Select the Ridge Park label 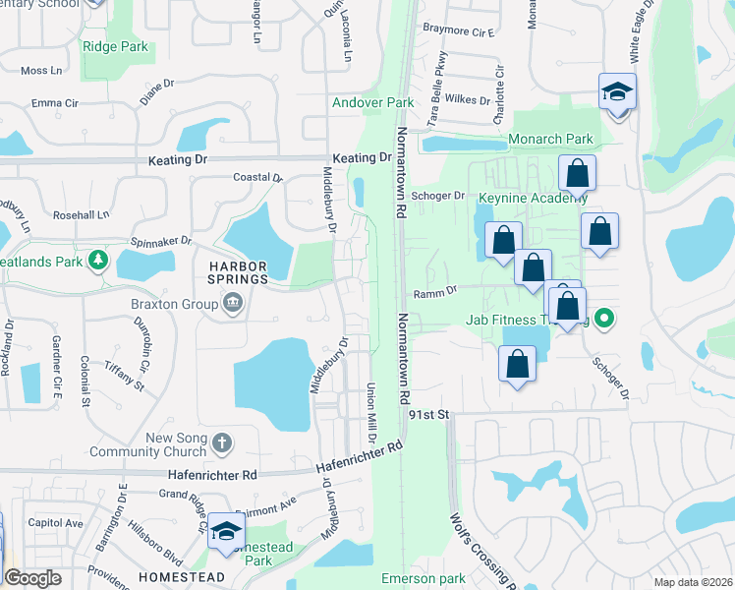click(115, 46)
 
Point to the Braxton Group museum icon click(232, 304)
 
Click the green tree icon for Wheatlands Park click(97, 260)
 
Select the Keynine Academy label click(518, 198)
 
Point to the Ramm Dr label click(435, 291)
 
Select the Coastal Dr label click(257, 178)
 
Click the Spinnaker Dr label click(160, 241)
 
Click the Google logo click(32, 578)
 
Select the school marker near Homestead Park click(227, 531)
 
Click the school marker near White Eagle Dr click(618, 92)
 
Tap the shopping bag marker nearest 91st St click(517, 364)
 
